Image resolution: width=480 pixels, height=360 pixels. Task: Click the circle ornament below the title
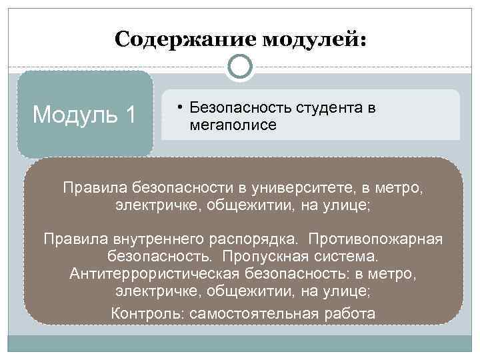240,67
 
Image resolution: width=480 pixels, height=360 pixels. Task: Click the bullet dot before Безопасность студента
181,107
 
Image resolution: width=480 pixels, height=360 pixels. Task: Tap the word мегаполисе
233,125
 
